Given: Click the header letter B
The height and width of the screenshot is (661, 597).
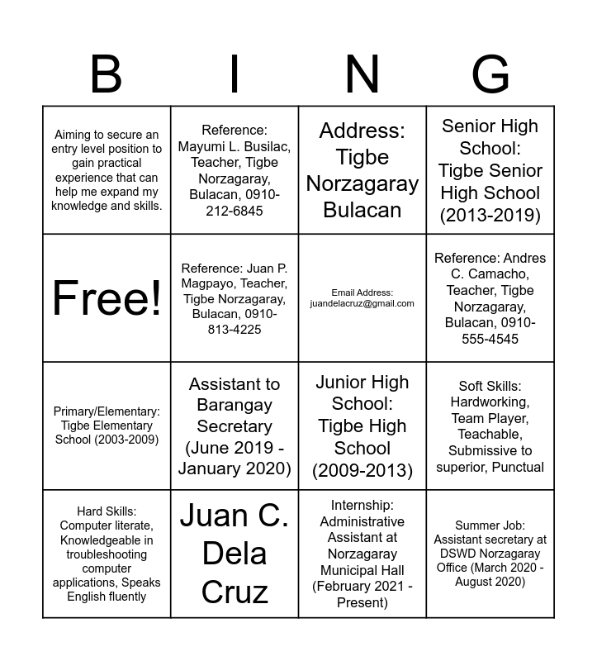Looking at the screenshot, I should coord(106,74).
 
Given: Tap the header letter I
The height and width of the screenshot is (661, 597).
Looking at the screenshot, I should coord(235,74).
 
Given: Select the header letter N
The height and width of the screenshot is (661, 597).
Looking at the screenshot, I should coord(362,74).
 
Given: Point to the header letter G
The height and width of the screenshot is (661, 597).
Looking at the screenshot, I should coord(490,74).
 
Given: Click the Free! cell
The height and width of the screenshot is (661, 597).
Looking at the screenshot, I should coord(107,297).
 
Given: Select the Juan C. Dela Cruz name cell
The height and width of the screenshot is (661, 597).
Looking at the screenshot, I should coord(235,554).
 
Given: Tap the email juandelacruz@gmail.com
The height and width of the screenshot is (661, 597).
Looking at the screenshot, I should coord(362,303).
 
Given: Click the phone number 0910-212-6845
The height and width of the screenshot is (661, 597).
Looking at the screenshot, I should coord(235,202).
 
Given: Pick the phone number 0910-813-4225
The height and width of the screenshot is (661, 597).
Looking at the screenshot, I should coord(235,322).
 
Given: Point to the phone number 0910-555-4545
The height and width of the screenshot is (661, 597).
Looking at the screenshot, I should coord(490,330).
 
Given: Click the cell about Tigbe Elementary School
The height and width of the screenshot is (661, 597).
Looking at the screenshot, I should coord(107,426).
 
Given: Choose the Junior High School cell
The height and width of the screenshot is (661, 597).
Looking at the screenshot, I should coord(362,426).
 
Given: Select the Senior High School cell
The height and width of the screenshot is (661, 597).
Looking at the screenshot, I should coord(490,170).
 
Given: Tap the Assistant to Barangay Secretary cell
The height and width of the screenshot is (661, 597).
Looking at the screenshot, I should coord(235,426).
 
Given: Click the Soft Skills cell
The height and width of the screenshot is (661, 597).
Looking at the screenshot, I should coord(490,426).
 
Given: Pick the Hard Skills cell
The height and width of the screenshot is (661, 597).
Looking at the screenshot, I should coord(107,554).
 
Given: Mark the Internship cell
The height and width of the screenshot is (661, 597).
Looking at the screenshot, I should coord(362,554).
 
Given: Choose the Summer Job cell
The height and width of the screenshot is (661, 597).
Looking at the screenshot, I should coord(490,554).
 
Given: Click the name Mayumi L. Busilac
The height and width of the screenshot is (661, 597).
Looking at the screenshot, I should coord(235,147).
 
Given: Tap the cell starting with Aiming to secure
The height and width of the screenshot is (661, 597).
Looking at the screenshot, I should coord(107,170).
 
